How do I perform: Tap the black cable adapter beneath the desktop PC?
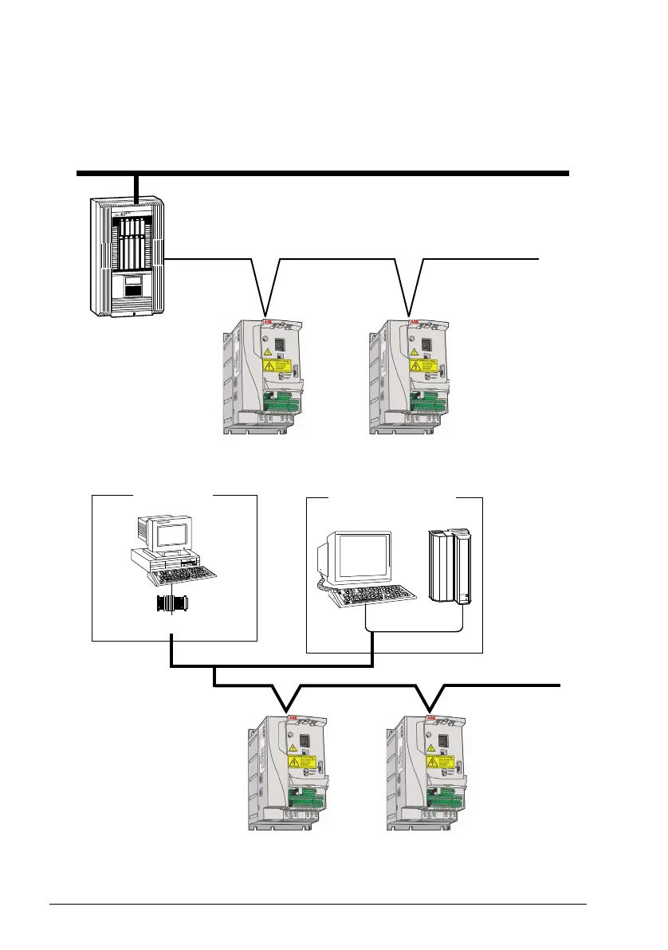(172, 604)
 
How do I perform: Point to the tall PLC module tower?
(447, 566)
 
